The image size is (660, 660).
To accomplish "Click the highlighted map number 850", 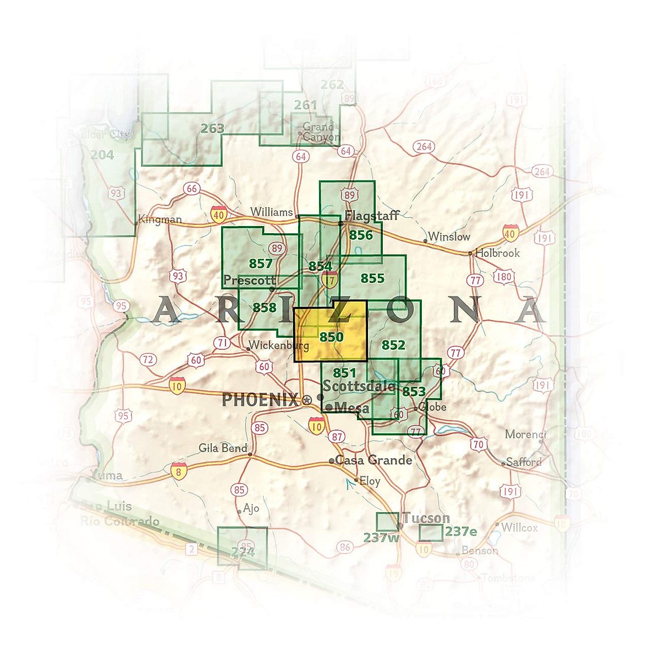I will pyautogui.click(x=331, y=337).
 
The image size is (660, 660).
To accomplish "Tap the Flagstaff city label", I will pyautogui.click(x=372, y=215).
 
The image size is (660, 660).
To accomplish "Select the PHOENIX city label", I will pyautogui.click(x=260, y=400).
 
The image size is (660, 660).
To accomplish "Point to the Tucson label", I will pyautogui.click(x=426, y=518).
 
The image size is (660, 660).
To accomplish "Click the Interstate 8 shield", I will pyautogui.click(x=178, y=471).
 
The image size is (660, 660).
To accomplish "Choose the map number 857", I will pyautogui.click(x=260, y=263).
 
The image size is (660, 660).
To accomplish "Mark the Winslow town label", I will pyautogui.click(x=449, y=237).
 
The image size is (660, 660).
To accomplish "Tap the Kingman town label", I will pyautogui.click(x=159, y=219).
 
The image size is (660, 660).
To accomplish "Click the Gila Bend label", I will pyautogui.click(x=223, y=448).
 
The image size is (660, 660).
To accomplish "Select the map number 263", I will pyautogui.click(x=212, y=128).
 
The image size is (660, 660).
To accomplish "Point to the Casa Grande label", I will pyautogui.click(x=373, y=460).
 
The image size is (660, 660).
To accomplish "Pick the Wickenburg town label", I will pyautogui.click(x=278, y=345).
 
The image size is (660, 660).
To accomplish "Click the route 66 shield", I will pyautogui.click(x=191, y=189).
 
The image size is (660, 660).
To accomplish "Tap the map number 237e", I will pyautogui.click(x=461, y=531).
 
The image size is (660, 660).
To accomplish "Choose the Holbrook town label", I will pyautogui.click(x=497, y=253).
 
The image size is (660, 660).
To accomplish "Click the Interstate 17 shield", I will pyautogui.click(x=329, y=280).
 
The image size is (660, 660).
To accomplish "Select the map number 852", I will pyautogui.click(x=393, y=345).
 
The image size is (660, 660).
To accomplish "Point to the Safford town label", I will pyautogui.click(x=524, y=462).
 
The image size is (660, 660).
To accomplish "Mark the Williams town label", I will pyautogui.click(x=272, y=212).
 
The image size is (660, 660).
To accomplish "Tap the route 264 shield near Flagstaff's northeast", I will pyautogui.click(x=424, y=146).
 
